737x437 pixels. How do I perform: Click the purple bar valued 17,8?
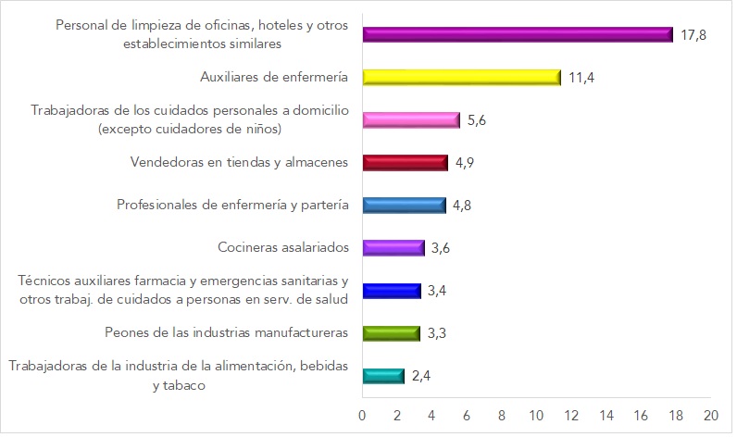coord(517,34)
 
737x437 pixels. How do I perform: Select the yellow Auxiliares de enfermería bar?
coord(461,78)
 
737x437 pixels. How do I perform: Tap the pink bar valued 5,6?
coord(410,120)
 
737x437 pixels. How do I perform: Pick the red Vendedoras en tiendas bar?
coord(405,163)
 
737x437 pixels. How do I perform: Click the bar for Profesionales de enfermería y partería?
coord(404,206)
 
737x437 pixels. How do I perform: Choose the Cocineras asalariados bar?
coord(393,248)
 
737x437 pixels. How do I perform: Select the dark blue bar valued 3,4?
coord(392,291)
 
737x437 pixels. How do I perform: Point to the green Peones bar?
coord(391,333)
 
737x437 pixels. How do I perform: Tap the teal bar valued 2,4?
coord(383,376)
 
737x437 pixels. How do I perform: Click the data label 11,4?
coord(581,78)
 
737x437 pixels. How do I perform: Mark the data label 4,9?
coord(466,163)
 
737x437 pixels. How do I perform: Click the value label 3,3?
coord(438,333)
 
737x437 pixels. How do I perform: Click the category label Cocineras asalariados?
coord(282,247)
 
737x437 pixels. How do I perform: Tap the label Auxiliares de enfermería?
coord(274,77)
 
